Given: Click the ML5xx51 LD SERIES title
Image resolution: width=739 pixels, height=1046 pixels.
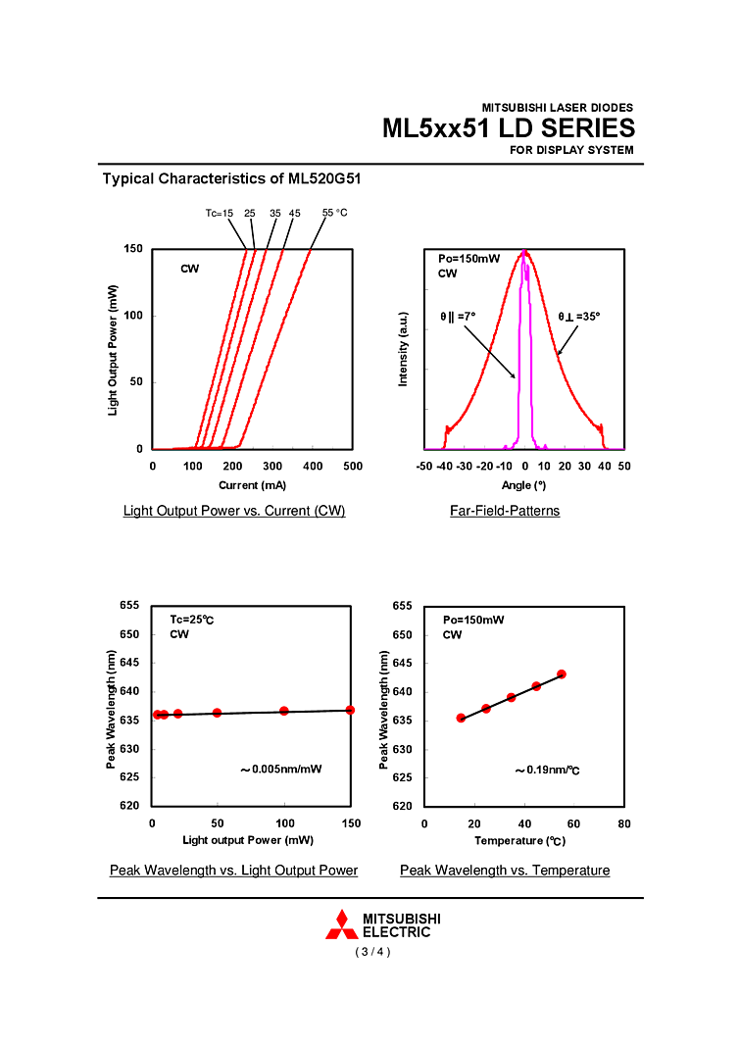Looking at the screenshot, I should click(x=508, y=128).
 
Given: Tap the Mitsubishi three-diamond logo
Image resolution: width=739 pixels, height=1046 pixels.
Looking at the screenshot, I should click(x=341, y=925).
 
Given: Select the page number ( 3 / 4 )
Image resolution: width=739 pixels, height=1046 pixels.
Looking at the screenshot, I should click(x=372, y=952).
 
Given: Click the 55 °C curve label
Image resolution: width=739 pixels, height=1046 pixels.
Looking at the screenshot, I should click(x=335, y=213).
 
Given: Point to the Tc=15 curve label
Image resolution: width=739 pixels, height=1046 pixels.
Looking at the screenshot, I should click(x=220, y=213).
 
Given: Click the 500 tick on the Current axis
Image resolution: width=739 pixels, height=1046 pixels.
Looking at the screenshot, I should click(x=353, y=467).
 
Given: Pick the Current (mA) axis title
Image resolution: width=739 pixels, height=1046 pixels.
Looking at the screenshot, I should click(x=253, y=484).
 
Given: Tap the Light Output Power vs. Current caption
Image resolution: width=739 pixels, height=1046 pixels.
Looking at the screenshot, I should click(x=234, y=511).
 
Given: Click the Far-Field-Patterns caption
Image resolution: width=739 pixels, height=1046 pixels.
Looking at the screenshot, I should click(x=505, y=511).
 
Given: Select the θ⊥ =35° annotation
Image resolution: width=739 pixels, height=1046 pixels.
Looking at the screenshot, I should click(x=578, y=317).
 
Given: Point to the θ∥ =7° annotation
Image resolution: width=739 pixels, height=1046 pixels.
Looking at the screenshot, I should click(x=458, y=317).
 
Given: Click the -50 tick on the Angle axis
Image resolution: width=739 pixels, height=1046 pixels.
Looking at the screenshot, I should click(x=424, y=467).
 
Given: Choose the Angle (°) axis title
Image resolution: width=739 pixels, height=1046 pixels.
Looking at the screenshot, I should click(x=523, y=484).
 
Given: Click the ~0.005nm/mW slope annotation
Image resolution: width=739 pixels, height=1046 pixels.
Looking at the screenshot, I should click(x=280, y=770).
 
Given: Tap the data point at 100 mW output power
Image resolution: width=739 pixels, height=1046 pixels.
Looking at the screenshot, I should click(x=284, y=711).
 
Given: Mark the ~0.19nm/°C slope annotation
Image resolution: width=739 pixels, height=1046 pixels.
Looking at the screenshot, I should click(x=547, y=771).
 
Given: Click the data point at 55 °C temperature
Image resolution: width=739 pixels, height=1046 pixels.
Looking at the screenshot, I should click(x=562, y=674).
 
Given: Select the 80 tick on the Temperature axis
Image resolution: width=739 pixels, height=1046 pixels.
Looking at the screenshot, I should click(x=624, y=823).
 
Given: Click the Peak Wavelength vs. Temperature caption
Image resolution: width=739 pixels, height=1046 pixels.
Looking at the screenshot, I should click(x=505, y=871).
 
